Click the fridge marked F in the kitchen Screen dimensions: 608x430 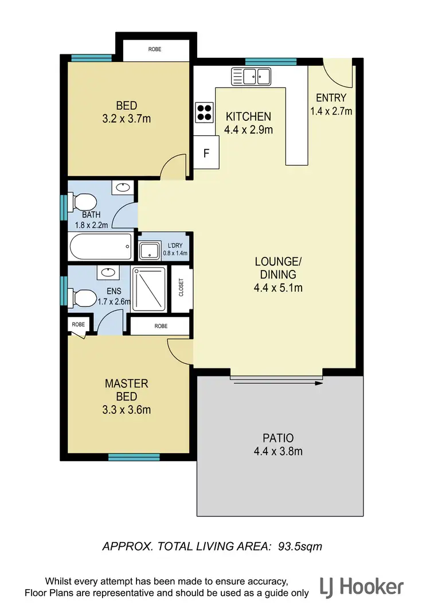(206, 154)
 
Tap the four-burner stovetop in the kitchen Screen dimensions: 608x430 (205, 112)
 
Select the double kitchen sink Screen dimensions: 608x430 (251, 76)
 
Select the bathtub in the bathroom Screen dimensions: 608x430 (100, 248)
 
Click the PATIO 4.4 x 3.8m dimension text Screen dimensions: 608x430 (278, 451)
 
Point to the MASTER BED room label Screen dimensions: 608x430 (127, 390)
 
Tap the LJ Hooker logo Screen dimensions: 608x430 (362, 587)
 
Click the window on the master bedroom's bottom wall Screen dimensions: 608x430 (126, 457)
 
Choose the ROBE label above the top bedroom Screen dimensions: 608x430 (155, 49)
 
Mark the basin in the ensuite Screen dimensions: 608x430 (108, 272)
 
